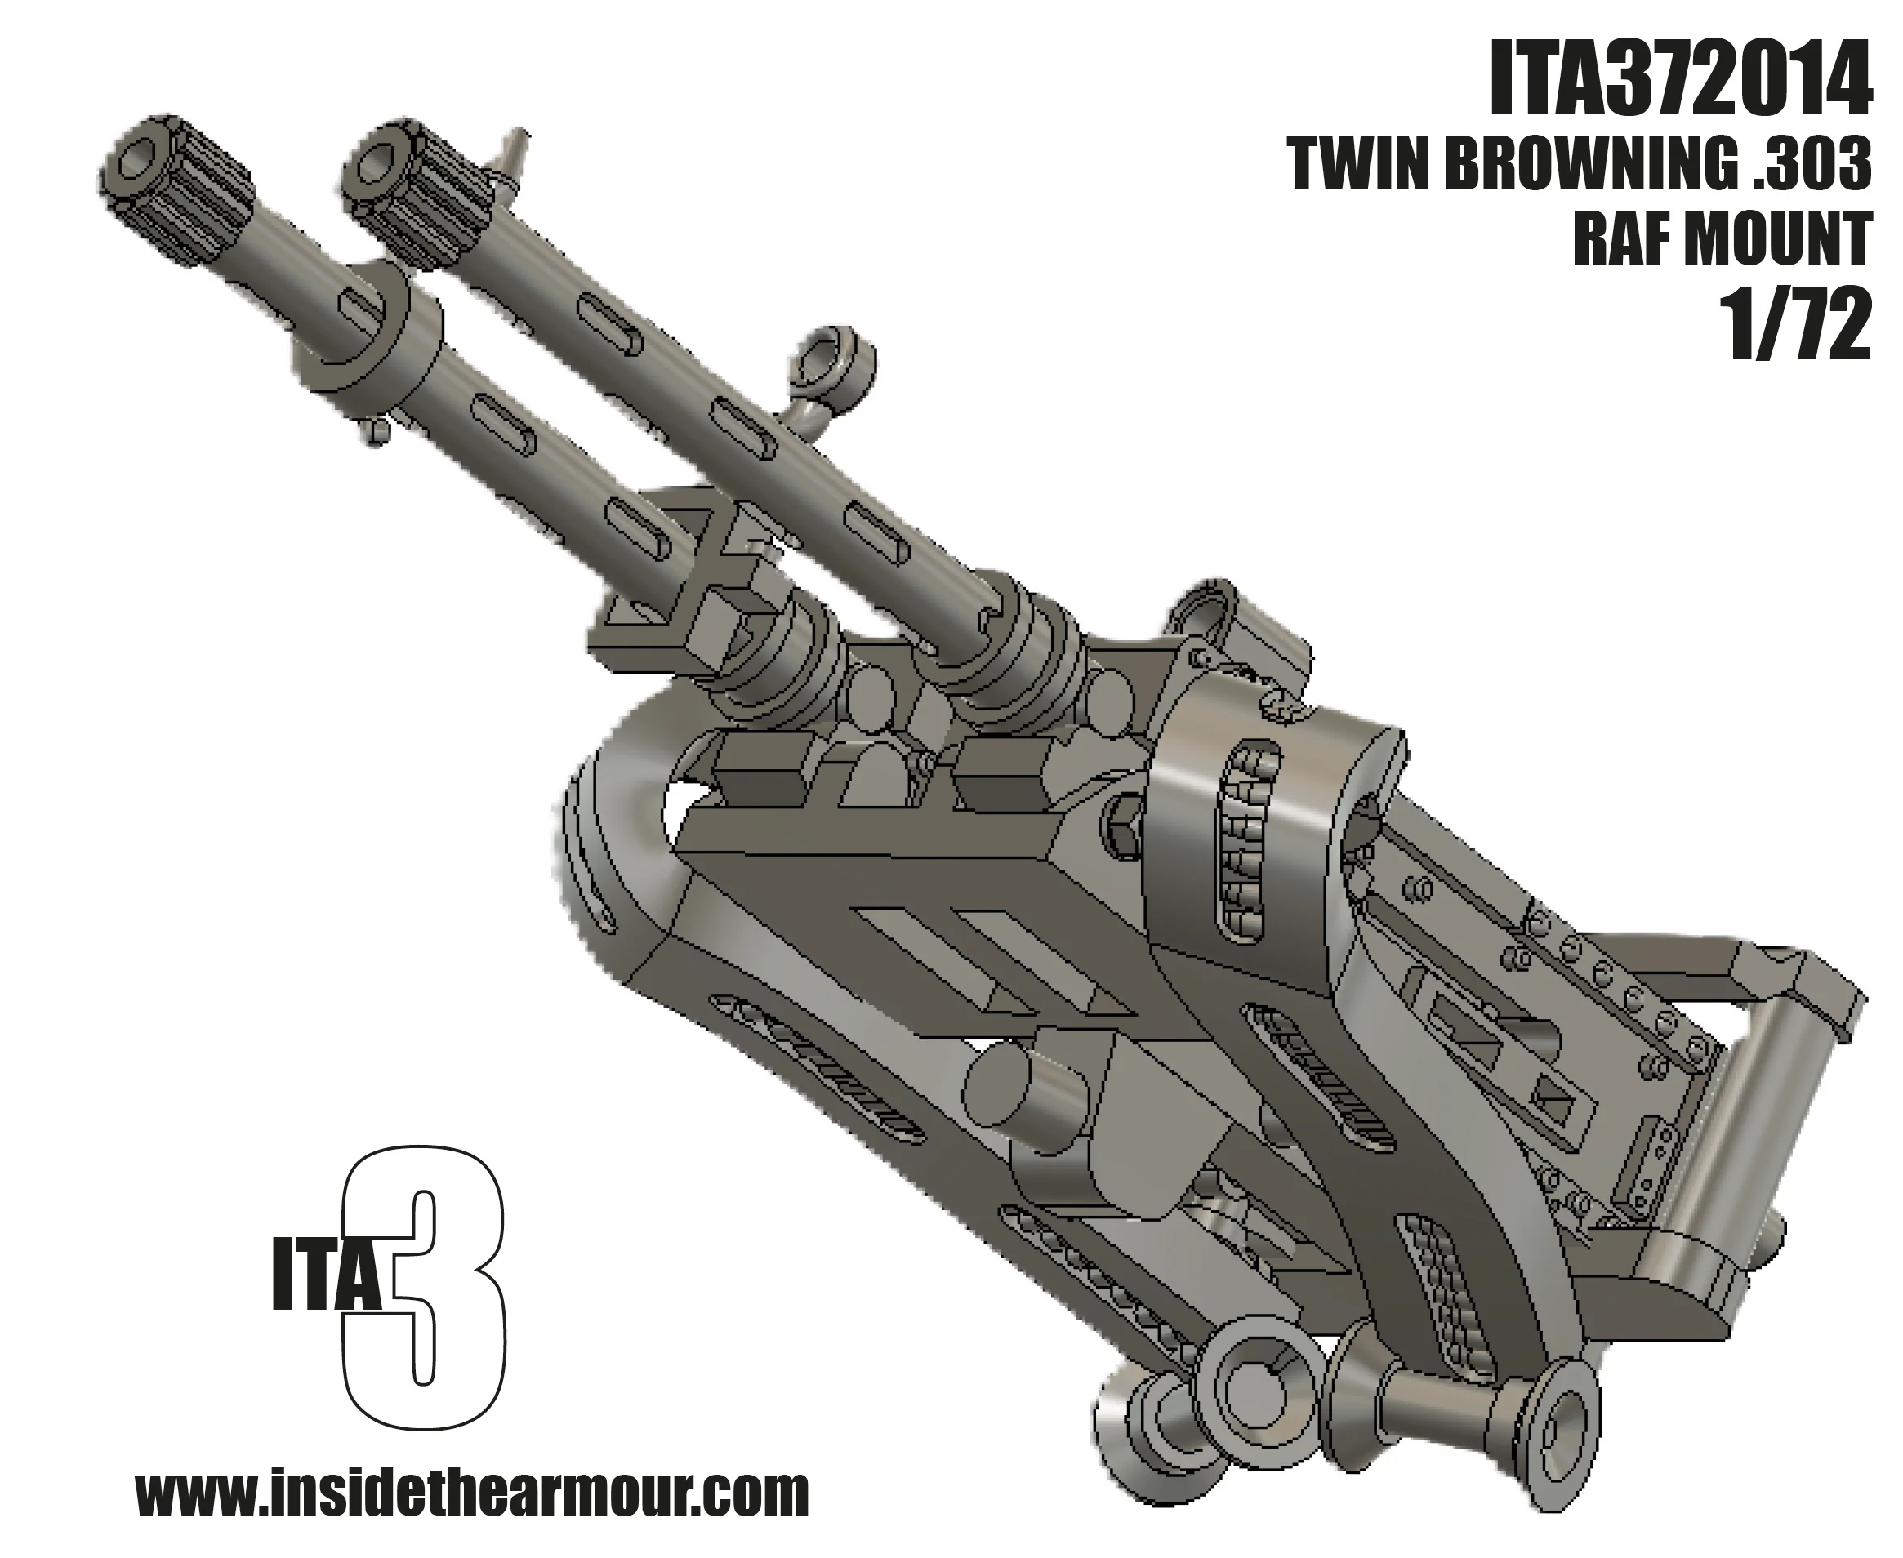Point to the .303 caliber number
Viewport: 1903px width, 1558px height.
1806,166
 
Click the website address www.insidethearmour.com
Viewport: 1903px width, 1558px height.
472,1492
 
